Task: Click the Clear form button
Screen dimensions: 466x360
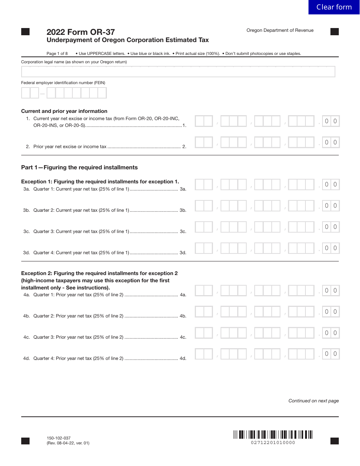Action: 334,7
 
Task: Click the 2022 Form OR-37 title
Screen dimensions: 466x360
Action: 81,32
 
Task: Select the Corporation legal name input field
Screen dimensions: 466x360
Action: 178,72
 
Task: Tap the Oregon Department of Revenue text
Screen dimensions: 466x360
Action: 280,30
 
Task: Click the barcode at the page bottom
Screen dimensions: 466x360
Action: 273,435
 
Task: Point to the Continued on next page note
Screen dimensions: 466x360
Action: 313,401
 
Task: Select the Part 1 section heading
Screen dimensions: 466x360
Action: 80,167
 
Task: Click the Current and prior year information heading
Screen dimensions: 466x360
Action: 64,111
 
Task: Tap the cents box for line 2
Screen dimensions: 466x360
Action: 331,142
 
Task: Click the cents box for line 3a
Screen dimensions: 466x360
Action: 331,185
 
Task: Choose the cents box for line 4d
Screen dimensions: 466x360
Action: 331,354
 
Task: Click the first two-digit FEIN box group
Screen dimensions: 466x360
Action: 30,93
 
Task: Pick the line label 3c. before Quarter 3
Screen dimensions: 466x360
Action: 27,231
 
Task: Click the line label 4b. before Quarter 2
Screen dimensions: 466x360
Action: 27,316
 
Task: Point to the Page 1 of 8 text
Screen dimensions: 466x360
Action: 57,53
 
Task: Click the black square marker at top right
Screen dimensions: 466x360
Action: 335,32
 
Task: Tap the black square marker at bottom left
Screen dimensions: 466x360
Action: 25,441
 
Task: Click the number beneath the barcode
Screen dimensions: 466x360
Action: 273,443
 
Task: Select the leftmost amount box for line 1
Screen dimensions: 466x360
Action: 204,121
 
